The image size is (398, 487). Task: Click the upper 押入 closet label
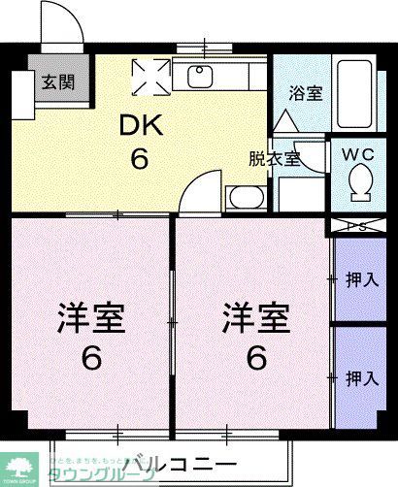point(361,280)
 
